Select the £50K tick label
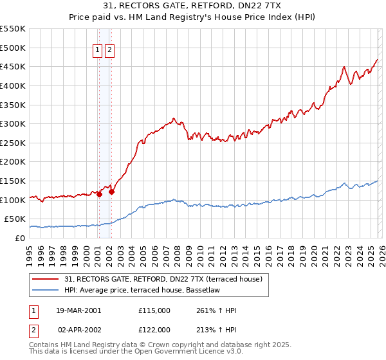point(15,219)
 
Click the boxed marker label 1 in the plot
point(98,50)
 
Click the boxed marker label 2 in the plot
point(110,50)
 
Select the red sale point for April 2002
point(111,191)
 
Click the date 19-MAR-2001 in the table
point(78,310)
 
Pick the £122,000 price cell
point(154,329)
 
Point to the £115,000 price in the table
point(154,310)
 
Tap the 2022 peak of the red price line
point(345,67)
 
